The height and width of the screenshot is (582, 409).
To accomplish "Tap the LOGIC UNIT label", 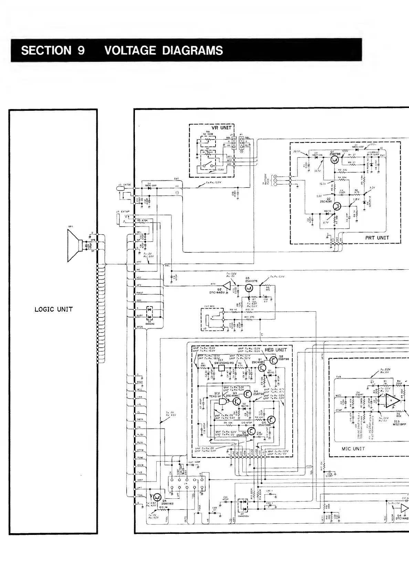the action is click(54, 309).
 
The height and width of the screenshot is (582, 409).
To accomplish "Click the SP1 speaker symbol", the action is click(74, 245).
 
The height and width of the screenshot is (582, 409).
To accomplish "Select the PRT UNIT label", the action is click(377, 238).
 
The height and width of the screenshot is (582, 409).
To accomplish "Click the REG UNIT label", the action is click(275, 350).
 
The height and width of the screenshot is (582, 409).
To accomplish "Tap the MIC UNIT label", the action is click(353, 449).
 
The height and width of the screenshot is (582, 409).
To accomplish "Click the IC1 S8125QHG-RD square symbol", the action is click(222, 368).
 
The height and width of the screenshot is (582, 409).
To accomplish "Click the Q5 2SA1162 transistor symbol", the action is click(157, 497).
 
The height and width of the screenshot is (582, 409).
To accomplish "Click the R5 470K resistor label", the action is click(142, 220).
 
